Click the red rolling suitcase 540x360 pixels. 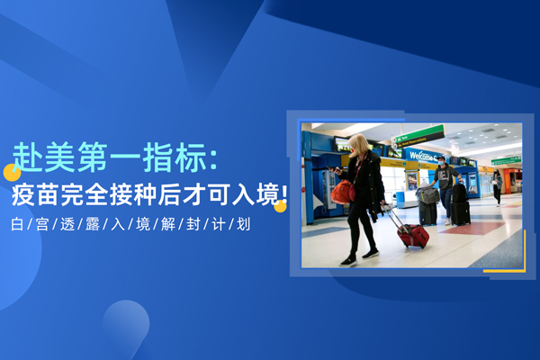pyautogui.click(x=412, y=235)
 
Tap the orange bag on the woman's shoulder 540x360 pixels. pyautogui.click(x=342, y=192)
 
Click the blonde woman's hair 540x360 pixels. pyautogui.click(x=359, y=144)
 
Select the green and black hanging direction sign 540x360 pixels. pyautogui.click(x=418, y=137)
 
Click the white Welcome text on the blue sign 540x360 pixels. pyautogui.click(x=421, y=156)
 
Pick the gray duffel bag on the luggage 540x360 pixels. pyautogui.click(x=427, y=194)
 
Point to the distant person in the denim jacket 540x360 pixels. pyautogui.click(x=497, y=187)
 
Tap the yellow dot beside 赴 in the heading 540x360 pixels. pyautogui.click(x=12, y=173)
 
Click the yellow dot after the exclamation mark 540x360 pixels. pyautogui.click(x=280, y=206)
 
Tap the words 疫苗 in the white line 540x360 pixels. pyautogui.click(x=36, y=194)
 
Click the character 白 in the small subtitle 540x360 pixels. pyautogui.click(x=17, y=225)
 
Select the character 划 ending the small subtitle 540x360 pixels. pyautogui.click(x=244, y=225)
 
